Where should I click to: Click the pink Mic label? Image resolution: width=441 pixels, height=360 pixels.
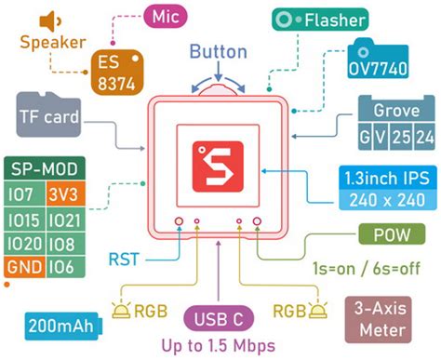[167, 16]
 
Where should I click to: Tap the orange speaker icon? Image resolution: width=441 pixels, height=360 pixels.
[49, 20]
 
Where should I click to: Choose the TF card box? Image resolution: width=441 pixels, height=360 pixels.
[48, 118]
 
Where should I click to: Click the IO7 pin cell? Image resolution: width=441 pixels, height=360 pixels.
[22, 193]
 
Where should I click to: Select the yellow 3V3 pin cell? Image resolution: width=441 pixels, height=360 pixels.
[62, 193]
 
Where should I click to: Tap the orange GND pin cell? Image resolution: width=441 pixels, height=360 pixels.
[22, 268]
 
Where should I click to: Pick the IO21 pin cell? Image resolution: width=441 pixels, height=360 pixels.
[62, 219]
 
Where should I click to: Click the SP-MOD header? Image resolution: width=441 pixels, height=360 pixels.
[43, 168]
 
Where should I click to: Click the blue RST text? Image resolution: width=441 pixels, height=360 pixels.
[127, 259]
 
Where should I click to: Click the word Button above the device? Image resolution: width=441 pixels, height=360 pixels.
[219, 51]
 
